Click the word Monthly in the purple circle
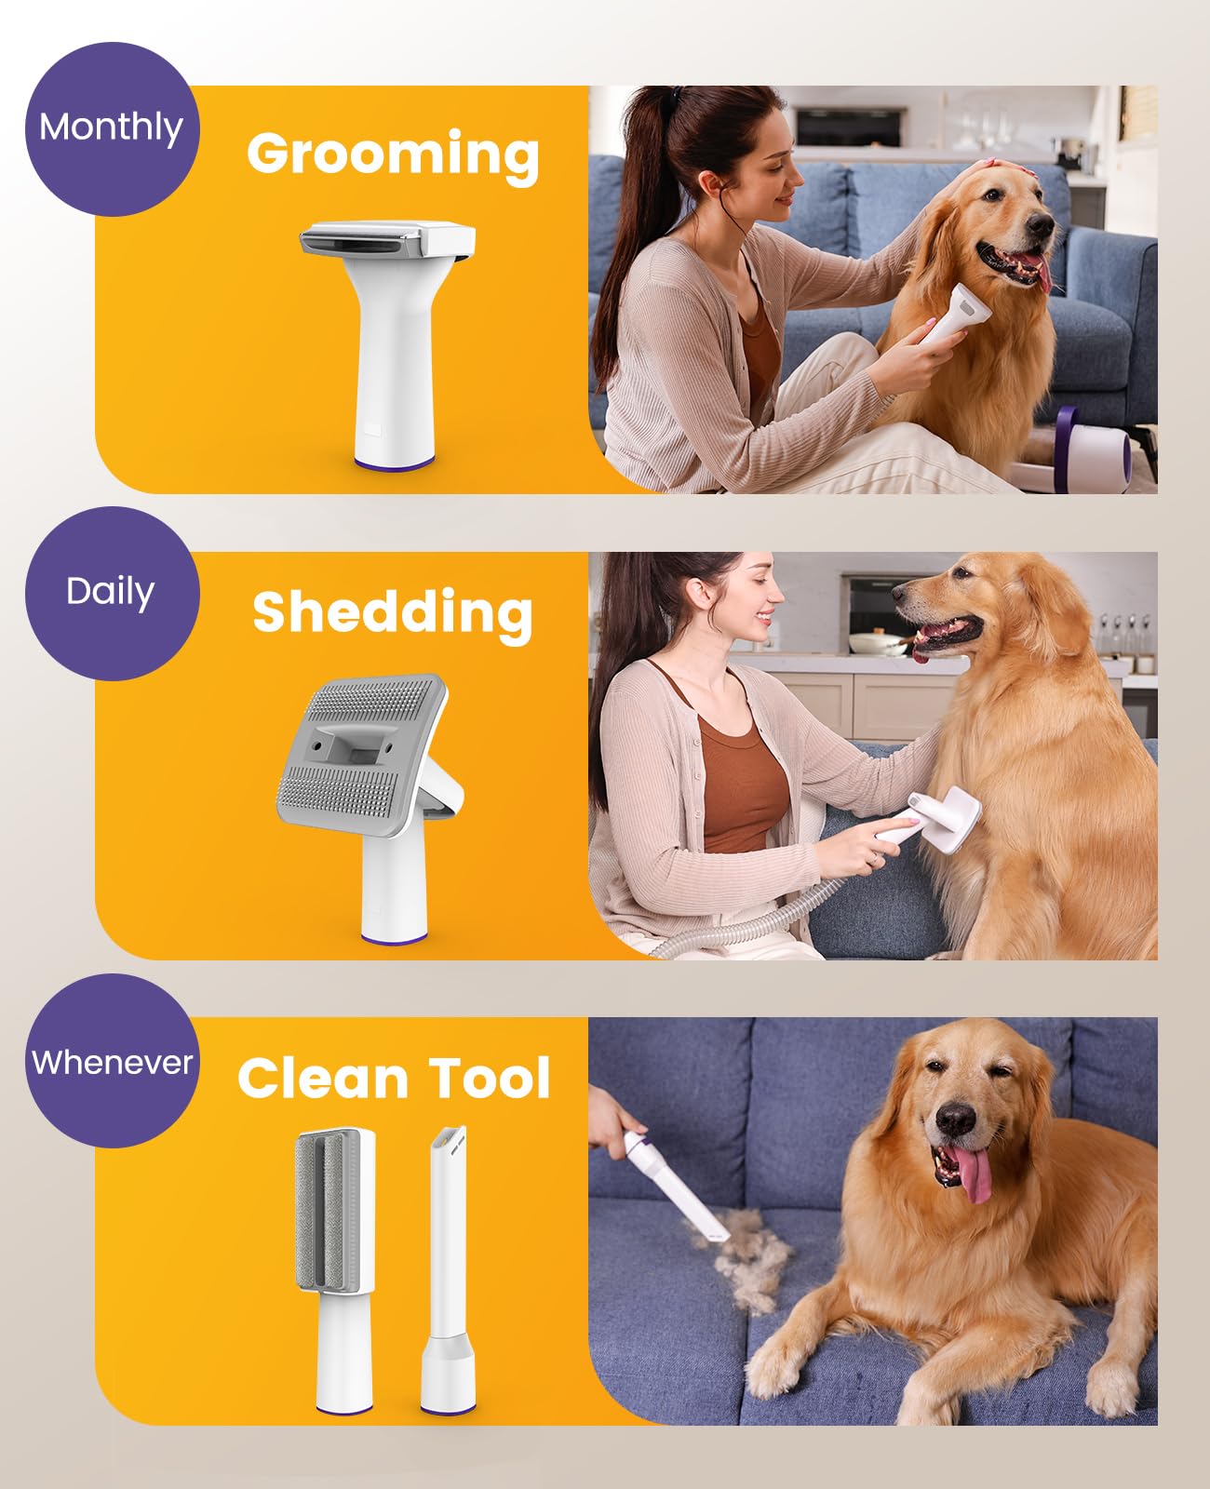[111, 128]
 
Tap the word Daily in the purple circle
[111, 592]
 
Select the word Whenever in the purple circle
[112, 1063]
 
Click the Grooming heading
[393, 156]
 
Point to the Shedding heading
[393, 614]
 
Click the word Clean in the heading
[322, 1078]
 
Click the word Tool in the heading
[490, 1078]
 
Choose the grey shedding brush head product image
[370, 808]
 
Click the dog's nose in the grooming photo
[1042, 225]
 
